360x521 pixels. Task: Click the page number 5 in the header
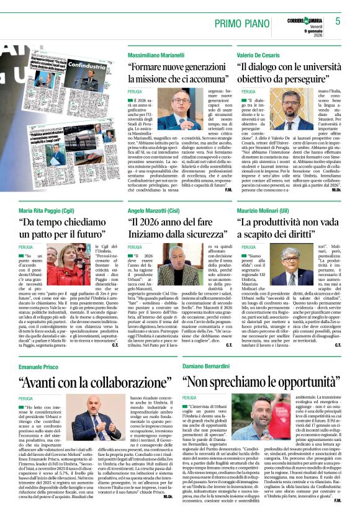click(338, 21)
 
